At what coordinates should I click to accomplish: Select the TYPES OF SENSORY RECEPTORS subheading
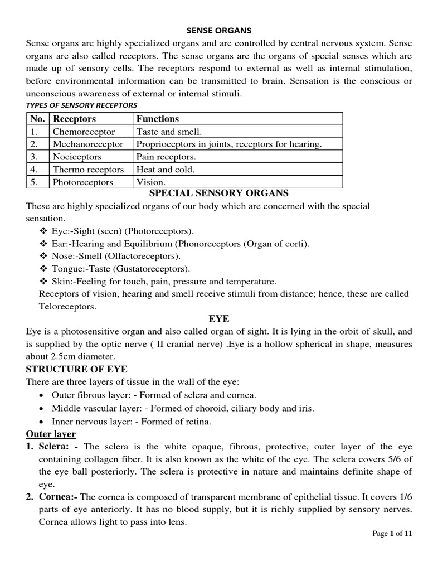pos(81,105)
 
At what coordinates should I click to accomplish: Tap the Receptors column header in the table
pos(74,119)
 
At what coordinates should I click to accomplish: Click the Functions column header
pos(158,119)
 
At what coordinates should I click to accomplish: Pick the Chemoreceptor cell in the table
pos(84,132)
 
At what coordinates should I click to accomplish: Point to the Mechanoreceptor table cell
pos(88,144)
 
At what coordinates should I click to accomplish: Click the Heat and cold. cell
pos(166,170)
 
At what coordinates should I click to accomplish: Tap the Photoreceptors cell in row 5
pos(82,182)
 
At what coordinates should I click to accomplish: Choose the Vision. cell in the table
pos(151,182)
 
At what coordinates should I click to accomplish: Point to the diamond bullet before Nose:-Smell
pos(44,256)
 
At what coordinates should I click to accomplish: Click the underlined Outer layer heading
pos(51,434)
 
